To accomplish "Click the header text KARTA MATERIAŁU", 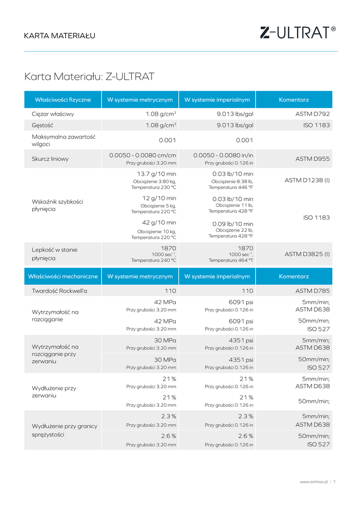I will click(x=60, y=36).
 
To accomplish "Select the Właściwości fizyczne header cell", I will click(x=63, y=100).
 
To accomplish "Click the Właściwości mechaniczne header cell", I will click(x=63, y=276).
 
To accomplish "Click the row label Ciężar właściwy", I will click(x=53, y=114).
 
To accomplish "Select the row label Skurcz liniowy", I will click(x=50, y=159).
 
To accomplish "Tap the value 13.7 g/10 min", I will click(x=156, y=174).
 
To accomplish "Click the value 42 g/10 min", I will click(x=159, y=223).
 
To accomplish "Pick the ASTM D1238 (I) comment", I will click(x=307, y=180).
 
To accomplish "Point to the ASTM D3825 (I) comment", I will click(x=307, y=254).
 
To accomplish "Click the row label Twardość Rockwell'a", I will click(x=60, y=291).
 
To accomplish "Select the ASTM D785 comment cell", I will click(x=312, y=291).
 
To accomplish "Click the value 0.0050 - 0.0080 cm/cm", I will click(x=143, y=155).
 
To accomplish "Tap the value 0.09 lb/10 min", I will click(x=233, y=224).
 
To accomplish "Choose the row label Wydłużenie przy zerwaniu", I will click(x=54, y=392).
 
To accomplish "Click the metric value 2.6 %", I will click(x=168, y=436).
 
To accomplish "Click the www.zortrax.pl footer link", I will click(x=314, y=482).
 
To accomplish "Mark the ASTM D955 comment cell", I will click(x=312, y=159).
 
